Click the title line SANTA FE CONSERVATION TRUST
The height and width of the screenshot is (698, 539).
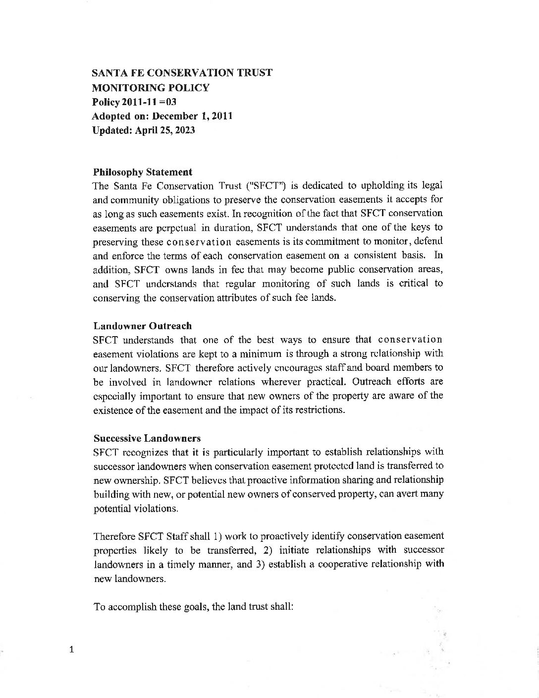(182, 73)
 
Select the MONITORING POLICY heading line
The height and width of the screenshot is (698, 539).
(151, 88)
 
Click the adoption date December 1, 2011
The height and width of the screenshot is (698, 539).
(192, 116)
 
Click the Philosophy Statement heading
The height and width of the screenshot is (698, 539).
(142, 172)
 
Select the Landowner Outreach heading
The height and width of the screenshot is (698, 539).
(142, 326)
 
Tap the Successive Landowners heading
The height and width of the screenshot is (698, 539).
(147, 438)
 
